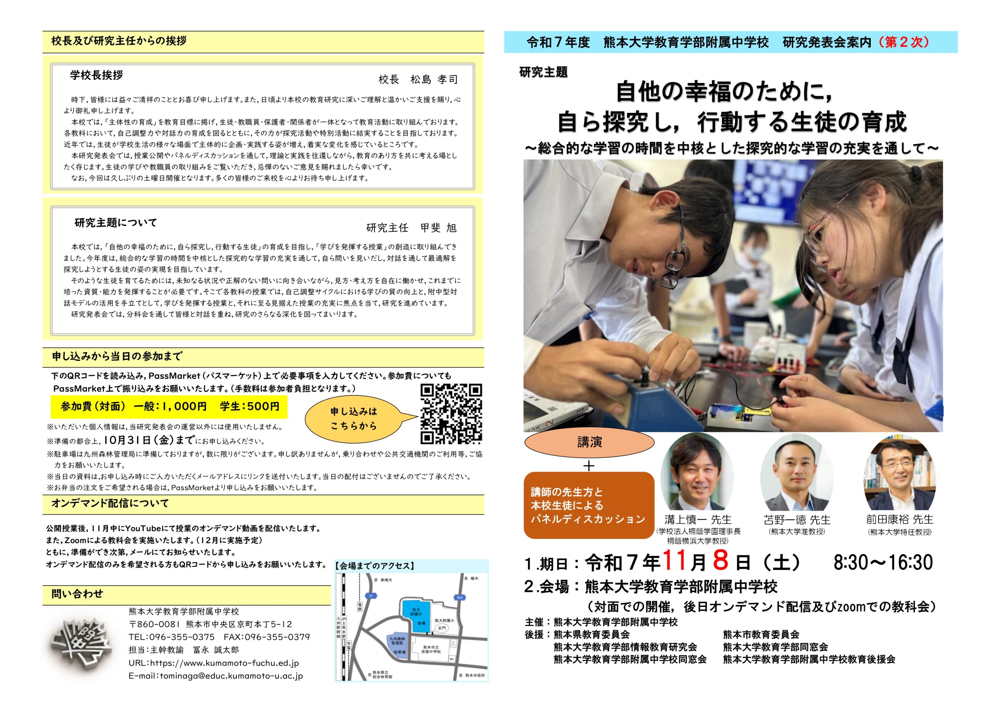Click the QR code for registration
click(x=451, y=414)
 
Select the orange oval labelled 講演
click(x=589, y=442)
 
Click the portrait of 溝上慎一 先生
click(x=697, y=472)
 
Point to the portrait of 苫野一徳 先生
click(x=796, y=472)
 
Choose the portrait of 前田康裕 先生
click(x=900, y=472)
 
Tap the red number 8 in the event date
click(x=720, y=561)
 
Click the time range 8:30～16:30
click(x=883, y=562)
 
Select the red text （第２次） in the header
click(x=902, y=42)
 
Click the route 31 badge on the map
click(x=371, y=596)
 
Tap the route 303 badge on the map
click(x=460, y=597)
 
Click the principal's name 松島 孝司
click(x=434, y=79)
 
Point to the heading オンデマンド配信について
click(x=110, y=504)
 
